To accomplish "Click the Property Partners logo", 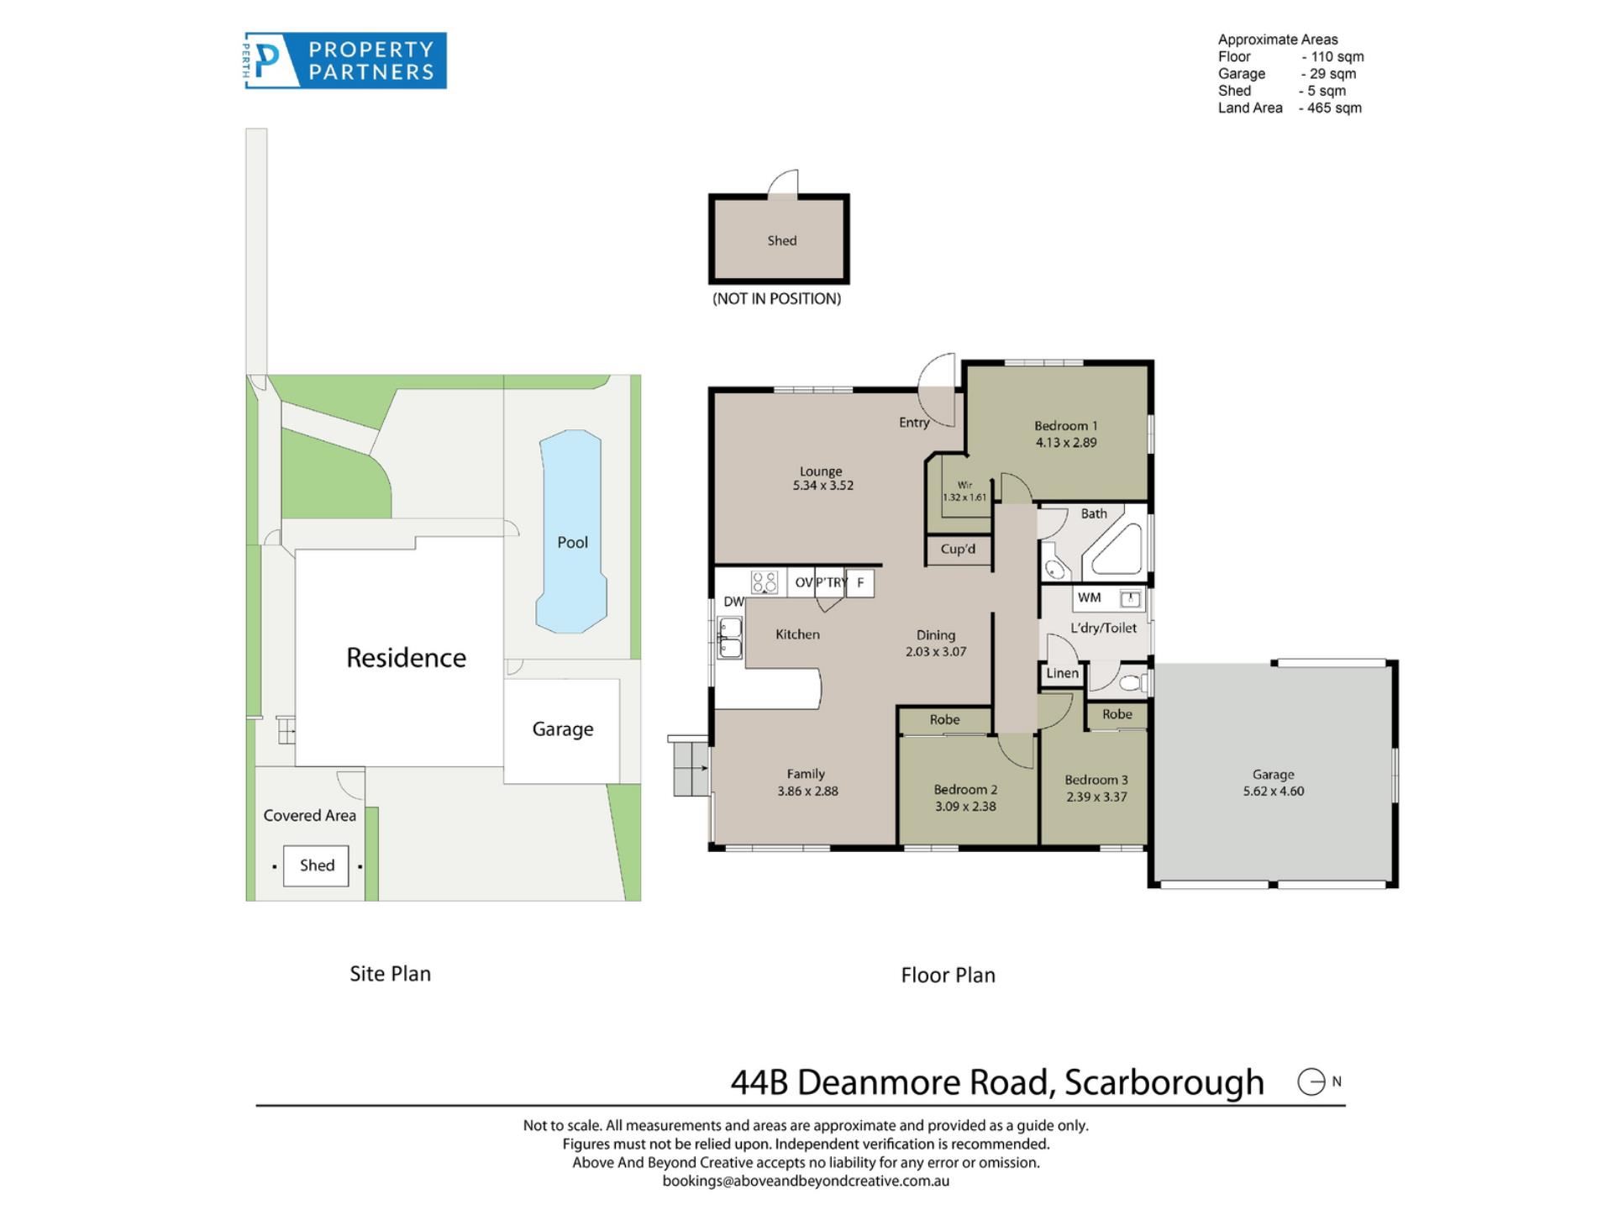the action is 345,60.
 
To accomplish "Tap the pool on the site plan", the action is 571,531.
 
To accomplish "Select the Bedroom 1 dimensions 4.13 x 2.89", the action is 1066,443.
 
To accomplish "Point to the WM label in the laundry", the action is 1089,597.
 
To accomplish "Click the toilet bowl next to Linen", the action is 1132,682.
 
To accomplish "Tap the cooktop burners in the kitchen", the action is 764,581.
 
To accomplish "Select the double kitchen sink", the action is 729,638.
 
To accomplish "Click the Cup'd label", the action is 958,550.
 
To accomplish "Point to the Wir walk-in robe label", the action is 964,485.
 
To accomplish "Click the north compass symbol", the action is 1311,1081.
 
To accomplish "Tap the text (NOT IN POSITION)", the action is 776,299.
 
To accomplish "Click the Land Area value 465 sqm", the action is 1334,108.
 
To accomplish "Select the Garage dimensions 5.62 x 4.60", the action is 1274,792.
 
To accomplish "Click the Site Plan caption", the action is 390,974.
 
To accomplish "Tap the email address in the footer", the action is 806,1181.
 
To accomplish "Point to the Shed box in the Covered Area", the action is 316,865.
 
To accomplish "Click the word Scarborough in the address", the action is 1164,1082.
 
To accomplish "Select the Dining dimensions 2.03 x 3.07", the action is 936,652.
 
